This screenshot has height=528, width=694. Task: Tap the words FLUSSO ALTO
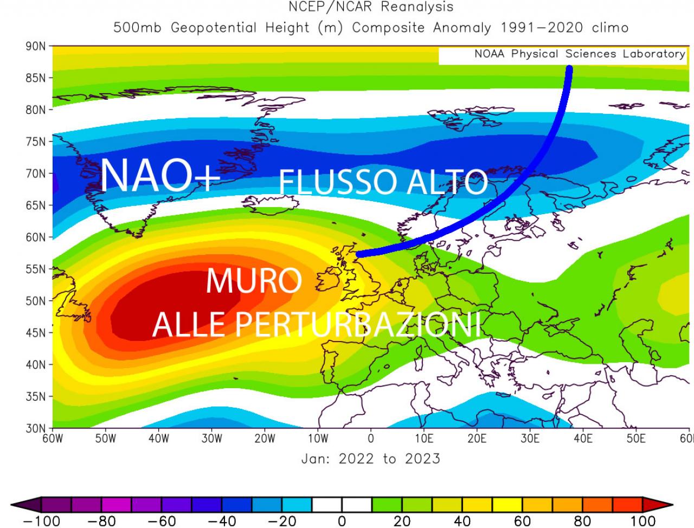tap(383, 182)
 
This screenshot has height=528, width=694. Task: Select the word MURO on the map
tap(254, 281)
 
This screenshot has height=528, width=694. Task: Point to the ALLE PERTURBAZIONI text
tap(317, 324)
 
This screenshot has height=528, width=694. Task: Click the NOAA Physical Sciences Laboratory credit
tap(580, 54)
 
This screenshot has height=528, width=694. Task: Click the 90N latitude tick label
tap(36, 47)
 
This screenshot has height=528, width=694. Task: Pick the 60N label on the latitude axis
tap(36, 237)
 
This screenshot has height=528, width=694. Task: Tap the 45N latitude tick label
tap(36, 333)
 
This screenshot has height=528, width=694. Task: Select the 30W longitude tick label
tap(212, 439)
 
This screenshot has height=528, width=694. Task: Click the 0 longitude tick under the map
tap(371, 439)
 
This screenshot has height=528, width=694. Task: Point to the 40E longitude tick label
tap(583, 439)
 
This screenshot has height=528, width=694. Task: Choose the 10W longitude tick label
tap(318, 439)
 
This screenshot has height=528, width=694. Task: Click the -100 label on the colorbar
tap(42, 521)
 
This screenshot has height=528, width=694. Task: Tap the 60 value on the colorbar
tap(522, 521)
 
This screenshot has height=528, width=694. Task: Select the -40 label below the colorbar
tap(222, 521)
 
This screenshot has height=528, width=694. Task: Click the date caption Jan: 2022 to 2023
tap(371, 459)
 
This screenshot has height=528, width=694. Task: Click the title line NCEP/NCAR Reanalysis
tap(371, 7)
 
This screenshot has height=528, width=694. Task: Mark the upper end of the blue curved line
tap(569, 69)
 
